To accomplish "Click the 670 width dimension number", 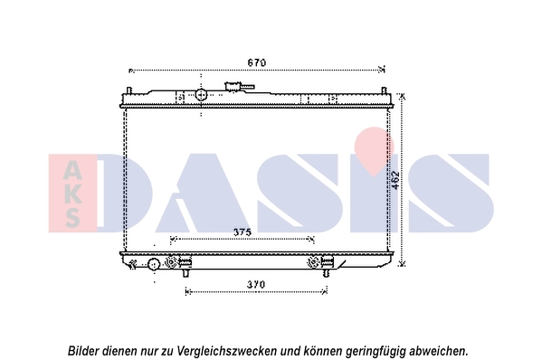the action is pos(257,62).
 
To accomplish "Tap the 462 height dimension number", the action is pos(395,180).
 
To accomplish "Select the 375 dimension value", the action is pos(242,232).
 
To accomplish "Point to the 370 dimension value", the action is pos(256,284).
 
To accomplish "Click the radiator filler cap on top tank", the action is pos(233,86).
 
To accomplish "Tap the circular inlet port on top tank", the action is pos(201,94).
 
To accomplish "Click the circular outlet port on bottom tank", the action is pos(154,265).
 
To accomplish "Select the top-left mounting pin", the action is pos(128,90).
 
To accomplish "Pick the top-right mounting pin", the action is pos(384,90).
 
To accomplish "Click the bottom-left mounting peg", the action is pos(186,273).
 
